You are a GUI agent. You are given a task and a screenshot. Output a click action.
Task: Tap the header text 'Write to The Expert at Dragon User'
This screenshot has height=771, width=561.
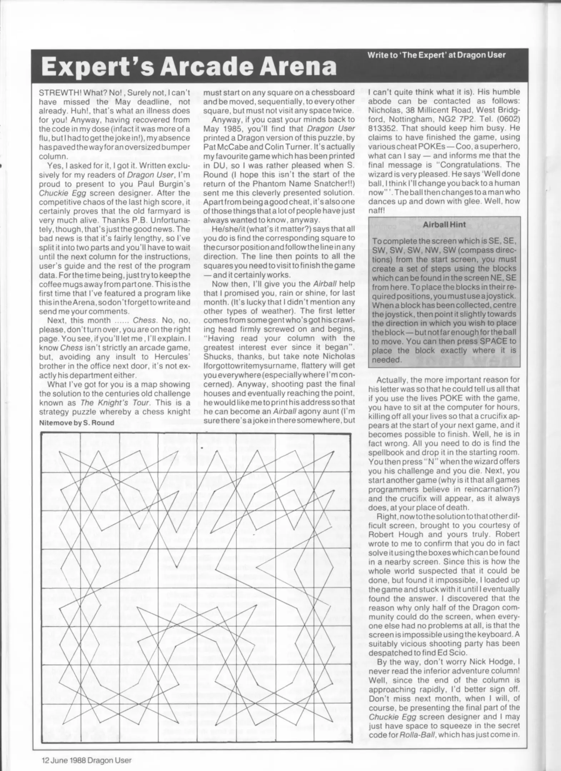click(x=436, y=55)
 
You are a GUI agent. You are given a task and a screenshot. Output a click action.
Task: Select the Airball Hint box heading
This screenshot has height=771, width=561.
click(x=444, y=225)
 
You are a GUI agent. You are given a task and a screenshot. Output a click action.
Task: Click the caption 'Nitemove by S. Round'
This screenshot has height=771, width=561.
click(x=76, y=423)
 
